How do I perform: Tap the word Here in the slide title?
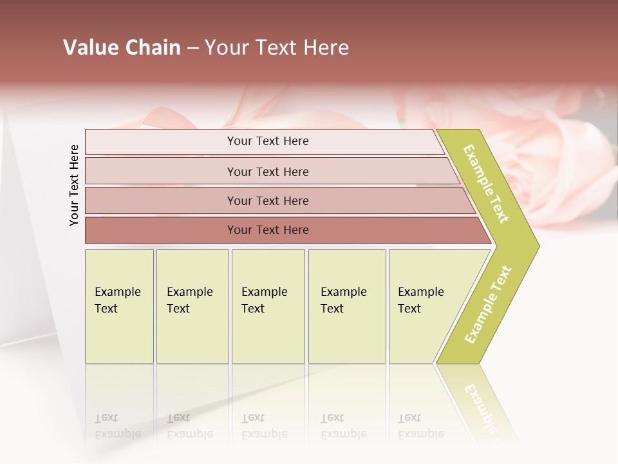pos(326,48)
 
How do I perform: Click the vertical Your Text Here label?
pos(74,185)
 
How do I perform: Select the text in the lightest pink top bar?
pos(268,141)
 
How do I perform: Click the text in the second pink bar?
pos(268,172)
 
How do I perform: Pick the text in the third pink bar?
pos(268,201)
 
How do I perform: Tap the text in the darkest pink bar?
pos(268,230)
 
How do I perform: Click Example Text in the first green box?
pos(117,300)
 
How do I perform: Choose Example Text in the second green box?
pos(189,300)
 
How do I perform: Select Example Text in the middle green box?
pos(264,300)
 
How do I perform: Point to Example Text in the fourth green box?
pos(343,300)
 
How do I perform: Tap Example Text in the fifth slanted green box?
pos(420,300)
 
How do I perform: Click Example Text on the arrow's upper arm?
pos(486,184)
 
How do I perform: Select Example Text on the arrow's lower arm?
pos(488,305)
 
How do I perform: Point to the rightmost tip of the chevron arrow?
pos(538,246)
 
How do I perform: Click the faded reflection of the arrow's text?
pos(483,406)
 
